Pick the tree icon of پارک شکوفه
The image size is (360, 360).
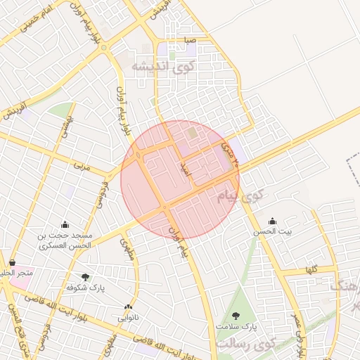point(86,278)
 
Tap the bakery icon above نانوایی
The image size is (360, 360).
point(128,307)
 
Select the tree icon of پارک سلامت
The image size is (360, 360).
point(236,316)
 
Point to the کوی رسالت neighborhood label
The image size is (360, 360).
point(245,345)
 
